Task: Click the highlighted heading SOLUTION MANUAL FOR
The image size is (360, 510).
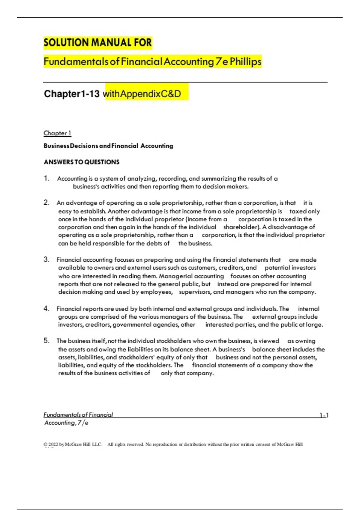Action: (x=98, y=43)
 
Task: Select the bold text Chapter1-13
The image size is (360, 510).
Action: (x=72, y=94)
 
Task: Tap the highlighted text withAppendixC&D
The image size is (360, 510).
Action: (x=142, y=94)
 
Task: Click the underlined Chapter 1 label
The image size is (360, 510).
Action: (x=57, y=133)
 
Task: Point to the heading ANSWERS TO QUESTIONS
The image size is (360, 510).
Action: (x=82, y=162)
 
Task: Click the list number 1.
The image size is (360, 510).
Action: (x=46, y=178)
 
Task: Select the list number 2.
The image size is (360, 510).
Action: (x=46, y=203)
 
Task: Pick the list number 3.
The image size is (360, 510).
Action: (x=46, y=259)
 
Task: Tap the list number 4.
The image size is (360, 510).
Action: (x=46, y=309)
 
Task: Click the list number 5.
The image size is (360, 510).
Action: (x=46, y=341)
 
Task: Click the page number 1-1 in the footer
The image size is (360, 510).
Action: (x=324, y=415)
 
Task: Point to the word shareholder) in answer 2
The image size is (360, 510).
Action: (x=241, y=227)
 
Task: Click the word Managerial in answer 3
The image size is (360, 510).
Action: (x=174, y=276)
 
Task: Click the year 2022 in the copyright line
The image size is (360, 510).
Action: (x=53, y=444)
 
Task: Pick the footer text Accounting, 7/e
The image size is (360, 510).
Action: (x=66, y=423)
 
